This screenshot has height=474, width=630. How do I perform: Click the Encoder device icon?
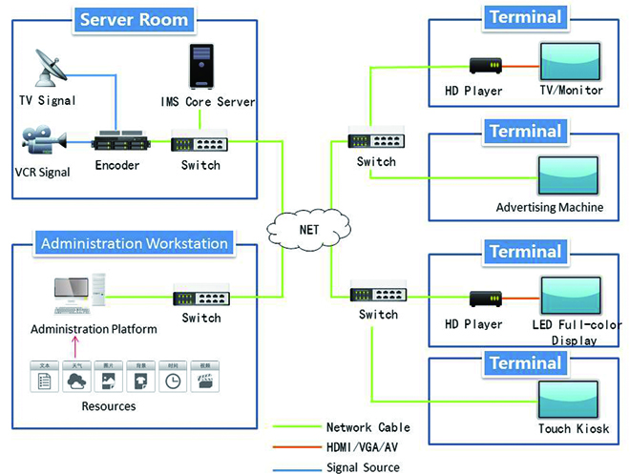(x=117, y=146)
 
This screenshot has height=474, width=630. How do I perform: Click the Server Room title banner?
(x=134, y=19)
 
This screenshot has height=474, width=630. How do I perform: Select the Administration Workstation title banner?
(x=135, y=243)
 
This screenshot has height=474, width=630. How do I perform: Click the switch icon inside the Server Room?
(x=199, y=145)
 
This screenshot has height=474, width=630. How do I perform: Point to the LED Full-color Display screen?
(x=569, y=296)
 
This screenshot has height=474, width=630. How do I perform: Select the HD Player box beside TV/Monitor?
(x=485, y=67)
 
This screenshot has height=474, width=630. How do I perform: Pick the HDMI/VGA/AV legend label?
(x=362, y=447)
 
